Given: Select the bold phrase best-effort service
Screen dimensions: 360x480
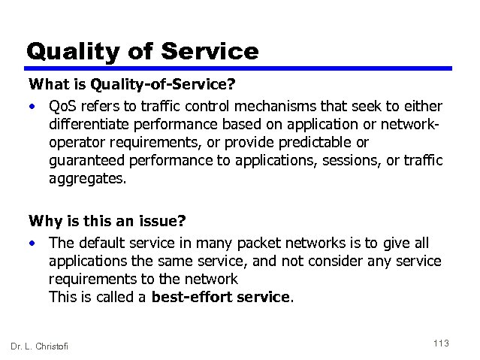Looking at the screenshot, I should [x=220, y=297].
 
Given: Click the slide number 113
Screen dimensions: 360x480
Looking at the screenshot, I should [x=441, y=343].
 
